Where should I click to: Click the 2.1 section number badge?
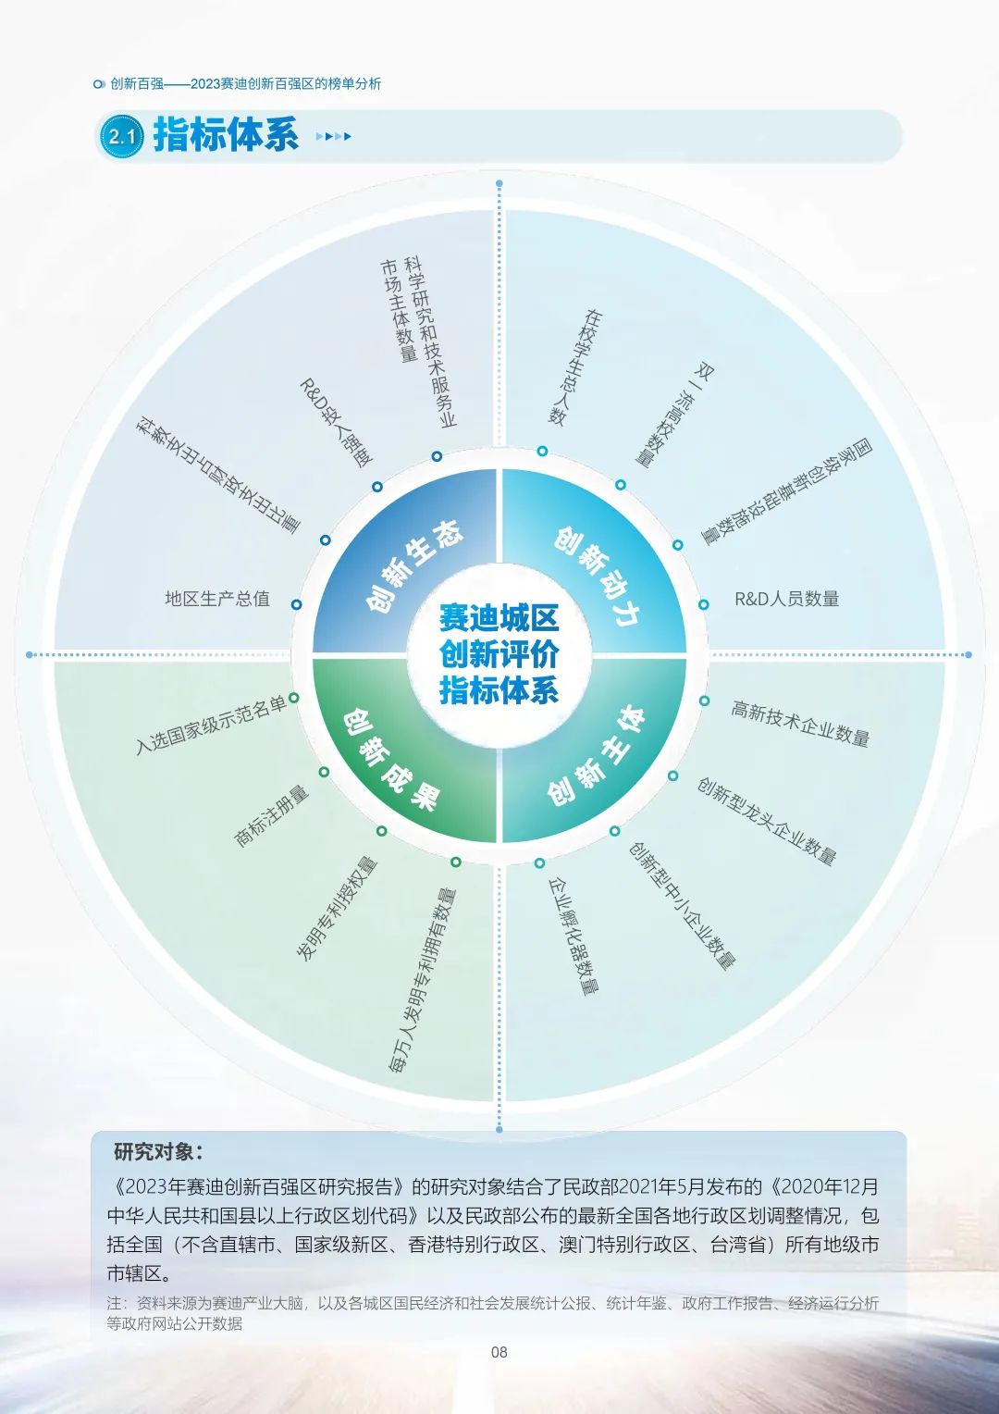click(122, 137)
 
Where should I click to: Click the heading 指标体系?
click(227, 135)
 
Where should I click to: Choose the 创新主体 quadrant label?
click(595, 757)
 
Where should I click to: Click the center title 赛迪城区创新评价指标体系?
click(499, 654)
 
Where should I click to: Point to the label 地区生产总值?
click(217, 599)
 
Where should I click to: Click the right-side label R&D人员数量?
click(786, 599)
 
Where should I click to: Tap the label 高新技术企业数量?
click(800, 724)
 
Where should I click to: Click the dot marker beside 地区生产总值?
click(296, 604)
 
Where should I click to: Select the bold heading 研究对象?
click(158, 1152)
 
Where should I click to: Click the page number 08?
click(499, 1352)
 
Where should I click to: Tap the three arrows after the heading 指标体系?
click(333, 137)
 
